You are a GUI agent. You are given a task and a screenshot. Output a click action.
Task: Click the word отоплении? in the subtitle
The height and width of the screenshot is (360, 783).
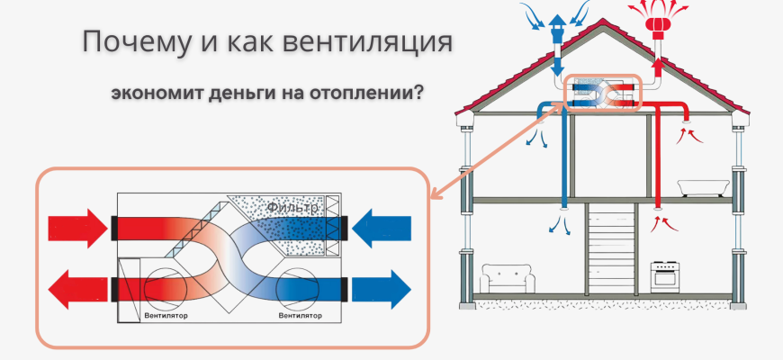tap(368, 94)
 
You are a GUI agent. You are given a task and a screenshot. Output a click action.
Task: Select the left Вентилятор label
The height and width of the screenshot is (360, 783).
tap(166, 316)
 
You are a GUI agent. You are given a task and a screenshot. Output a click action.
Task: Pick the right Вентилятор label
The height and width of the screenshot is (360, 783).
tap(301, 316)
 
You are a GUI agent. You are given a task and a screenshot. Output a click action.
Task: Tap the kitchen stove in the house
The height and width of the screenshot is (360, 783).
tap(666, 274)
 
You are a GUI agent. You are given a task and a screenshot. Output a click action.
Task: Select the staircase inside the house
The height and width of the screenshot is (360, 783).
tap(611, 247)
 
